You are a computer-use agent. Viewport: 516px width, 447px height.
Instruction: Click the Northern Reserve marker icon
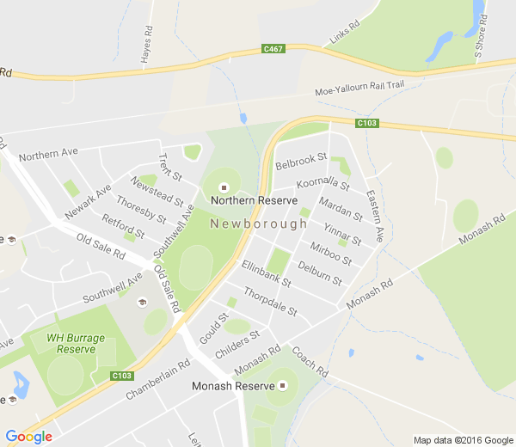point(224,187)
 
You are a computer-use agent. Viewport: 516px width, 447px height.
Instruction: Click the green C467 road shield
point(273,49)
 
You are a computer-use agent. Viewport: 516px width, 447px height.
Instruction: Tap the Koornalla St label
point(322,184)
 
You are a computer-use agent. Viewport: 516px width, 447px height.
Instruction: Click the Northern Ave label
point(48,155)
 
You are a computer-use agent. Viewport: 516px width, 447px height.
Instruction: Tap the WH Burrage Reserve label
point(76,343)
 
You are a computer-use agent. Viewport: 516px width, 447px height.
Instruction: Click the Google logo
point(29,437)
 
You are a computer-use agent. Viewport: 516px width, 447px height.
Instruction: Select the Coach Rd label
point(310,362)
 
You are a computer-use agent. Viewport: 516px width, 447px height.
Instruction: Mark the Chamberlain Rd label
point(157,379)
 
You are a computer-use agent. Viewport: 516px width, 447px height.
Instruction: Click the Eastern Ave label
point(374,215)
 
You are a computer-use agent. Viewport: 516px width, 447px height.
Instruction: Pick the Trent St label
point(170,167)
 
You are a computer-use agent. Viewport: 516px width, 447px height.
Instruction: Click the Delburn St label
point(319,274)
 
